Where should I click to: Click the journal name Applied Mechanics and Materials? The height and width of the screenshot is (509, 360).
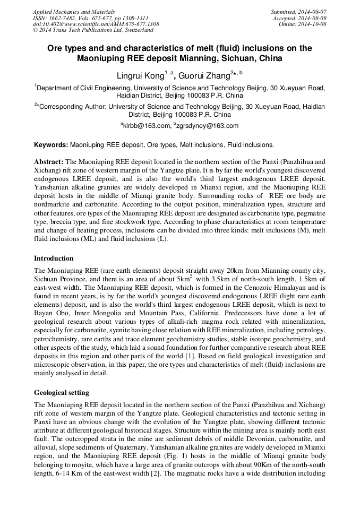click(73, 11)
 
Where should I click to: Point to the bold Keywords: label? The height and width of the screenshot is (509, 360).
click(51, 145)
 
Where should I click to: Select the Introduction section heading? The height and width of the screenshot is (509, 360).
click(54, 258)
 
